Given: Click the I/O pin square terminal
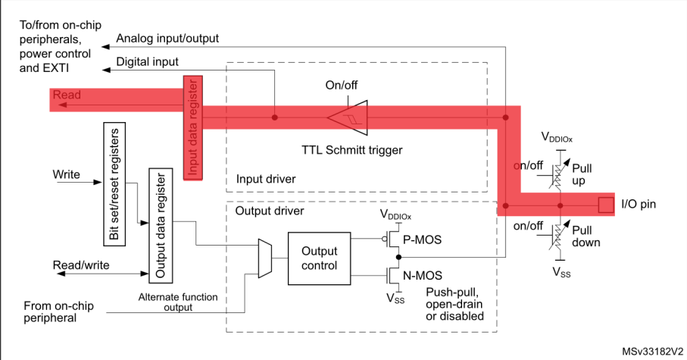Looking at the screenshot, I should (x=606, y=205).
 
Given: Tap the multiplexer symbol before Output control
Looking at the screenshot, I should (x=264, y=258).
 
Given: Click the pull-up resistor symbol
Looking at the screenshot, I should (x=559, y=167).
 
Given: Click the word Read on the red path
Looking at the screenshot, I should (x=67, y=95).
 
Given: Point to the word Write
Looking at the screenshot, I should (x=67, y=174).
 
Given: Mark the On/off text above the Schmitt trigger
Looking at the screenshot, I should (x=341, y=84).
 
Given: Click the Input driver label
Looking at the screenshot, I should (x=265, y=180).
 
